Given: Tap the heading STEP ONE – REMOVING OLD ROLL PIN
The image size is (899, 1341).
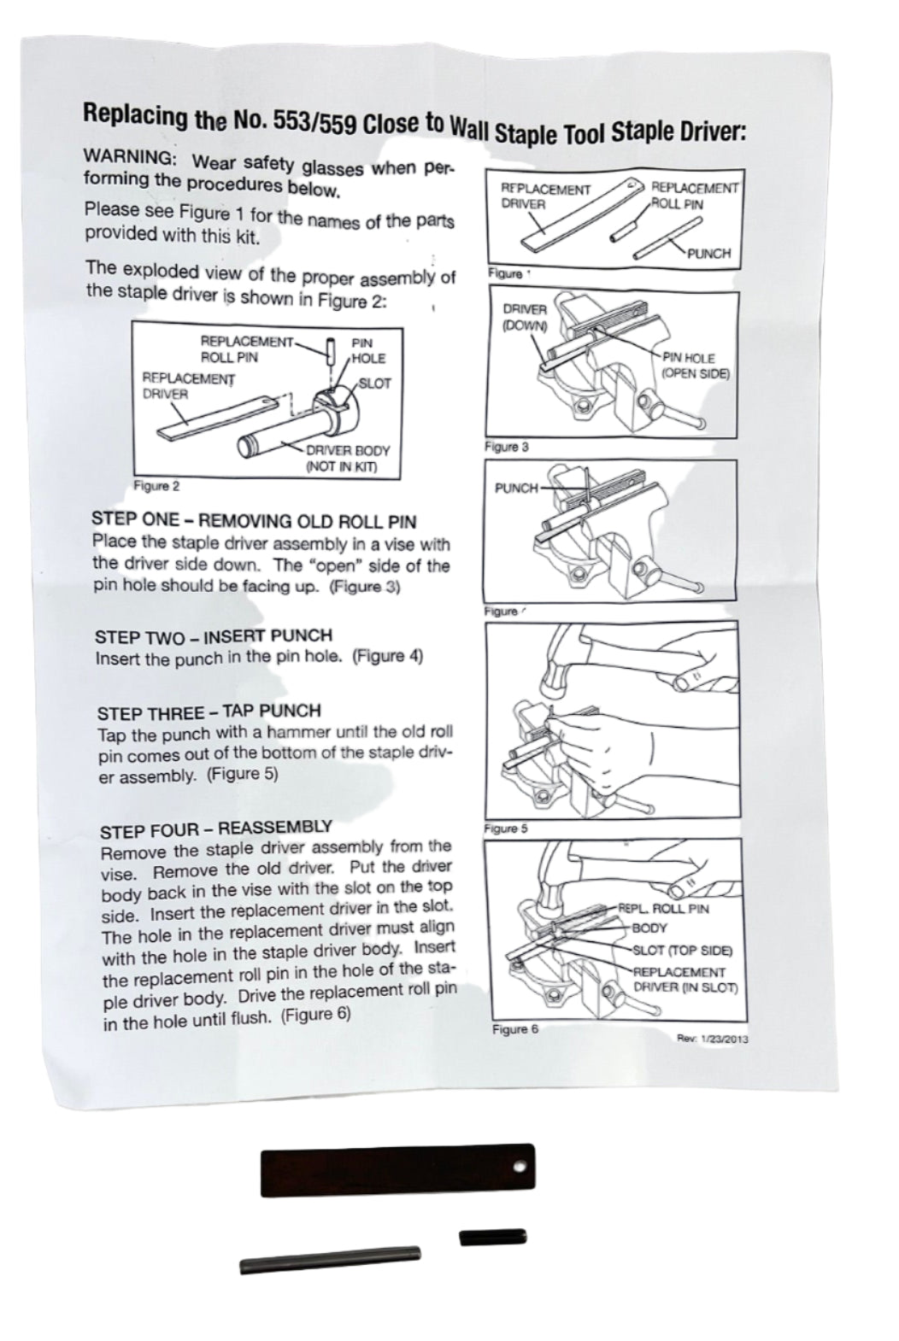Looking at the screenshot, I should pyautogui.click(x=254, y=521).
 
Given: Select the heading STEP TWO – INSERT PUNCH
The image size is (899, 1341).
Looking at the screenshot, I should pyautogui.click(x=214, y=636).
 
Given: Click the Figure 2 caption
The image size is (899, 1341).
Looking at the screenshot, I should pyautogui.click(x=156, y=486).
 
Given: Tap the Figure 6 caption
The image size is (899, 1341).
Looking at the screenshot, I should pyautogui.click(x=515, y=1029).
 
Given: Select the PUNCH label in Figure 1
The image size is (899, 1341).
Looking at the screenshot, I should pyautogui.click(x=708, y=254).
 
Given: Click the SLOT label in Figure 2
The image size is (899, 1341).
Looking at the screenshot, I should pyautogui.click(x=374, y=384).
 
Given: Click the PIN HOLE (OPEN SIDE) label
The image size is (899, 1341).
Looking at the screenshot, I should pyautogui.click(x=696, y=366).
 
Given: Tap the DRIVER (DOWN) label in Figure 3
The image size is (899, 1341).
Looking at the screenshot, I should pyautogui.click(x=525, y=317).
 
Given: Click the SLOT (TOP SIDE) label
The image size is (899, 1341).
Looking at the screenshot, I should pyautogui.click(x=682, y=951).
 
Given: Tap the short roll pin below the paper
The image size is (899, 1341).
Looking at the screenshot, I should pyautogui.click(x=493, y=1237).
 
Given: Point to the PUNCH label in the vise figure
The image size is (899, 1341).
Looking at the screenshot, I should pyautogui.click(x=517, y=489).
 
